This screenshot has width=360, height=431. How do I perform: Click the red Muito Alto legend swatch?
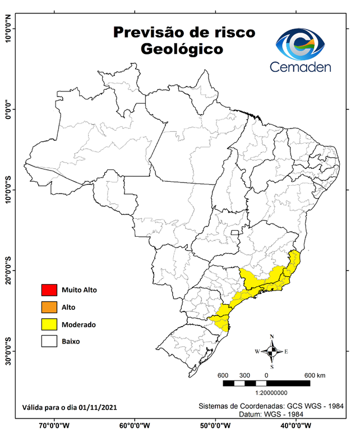(49, 290)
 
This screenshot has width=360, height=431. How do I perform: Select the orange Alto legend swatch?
(49, 307)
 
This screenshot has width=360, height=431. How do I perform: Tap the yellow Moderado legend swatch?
(49, 324)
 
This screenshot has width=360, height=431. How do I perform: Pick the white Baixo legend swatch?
(49, 341)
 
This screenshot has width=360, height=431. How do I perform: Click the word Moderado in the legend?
(79, 324)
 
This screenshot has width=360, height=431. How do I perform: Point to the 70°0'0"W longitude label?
(54, 425)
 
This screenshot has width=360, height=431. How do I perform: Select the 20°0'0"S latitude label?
(8, 270)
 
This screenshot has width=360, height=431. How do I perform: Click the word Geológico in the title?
(182, 49)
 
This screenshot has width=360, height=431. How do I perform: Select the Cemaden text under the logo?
(301, 67)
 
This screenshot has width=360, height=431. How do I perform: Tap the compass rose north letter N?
(272, 337)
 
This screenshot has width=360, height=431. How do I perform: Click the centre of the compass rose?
(272, 352)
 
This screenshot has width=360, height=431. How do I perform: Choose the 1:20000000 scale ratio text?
(272, 393)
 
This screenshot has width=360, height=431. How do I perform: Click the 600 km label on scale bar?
(314, 375)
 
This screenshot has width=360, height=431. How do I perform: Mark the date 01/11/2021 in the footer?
(98, 406)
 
